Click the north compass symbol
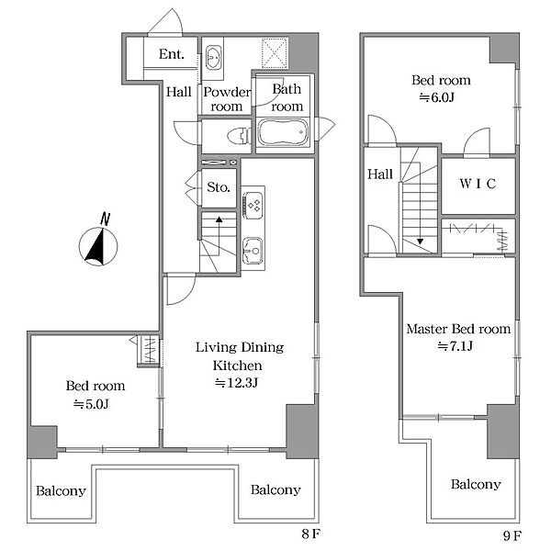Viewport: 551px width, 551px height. (x=98, y=242)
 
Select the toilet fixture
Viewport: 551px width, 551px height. (x=240, y=136)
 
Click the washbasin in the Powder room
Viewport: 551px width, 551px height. (x=213, y=57)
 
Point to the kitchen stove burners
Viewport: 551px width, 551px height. (x=253, y=205)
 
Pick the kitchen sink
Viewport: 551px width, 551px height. (x=253, y=251)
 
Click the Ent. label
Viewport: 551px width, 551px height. (x=171, y=54)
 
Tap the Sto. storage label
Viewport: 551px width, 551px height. (x=219, y=187)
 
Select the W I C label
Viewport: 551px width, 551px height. (x=478, y=184)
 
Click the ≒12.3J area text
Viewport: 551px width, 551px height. (x=236, y=382)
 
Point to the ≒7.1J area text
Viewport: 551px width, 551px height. (x=455, y=346)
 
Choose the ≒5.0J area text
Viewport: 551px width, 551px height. (x=91, y=404)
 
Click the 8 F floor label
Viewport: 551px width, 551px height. (x=310, y=534)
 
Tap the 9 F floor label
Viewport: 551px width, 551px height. (x=512, y=536)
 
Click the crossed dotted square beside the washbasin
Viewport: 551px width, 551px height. (x=275, y=52)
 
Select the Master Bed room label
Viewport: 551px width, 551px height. (x=458, y=329)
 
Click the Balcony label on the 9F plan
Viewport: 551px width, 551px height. (x=476, y=484)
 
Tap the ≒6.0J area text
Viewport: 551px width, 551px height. (x=437, y=97)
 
